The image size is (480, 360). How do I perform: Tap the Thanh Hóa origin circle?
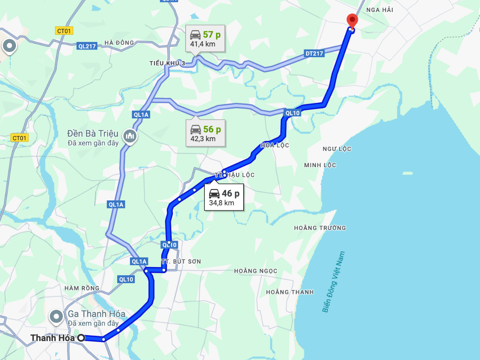(81, 338)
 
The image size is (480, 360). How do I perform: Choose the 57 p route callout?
(205, 38)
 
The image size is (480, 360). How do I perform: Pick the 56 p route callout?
(206, 133)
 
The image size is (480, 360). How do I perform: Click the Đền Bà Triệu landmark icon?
(130, 136)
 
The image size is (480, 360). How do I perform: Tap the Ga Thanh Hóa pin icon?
(56, 317)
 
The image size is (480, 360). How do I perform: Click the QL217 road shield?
(87, 46)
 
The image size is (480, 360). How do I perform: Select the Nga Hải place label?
(379, 10)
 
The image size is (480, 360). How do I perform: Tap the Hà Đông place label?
(119, 43)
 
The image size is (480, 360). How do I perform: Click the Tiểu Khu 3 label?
(168, 63)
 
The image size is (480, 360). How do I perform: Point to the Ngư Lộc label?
(337, 149)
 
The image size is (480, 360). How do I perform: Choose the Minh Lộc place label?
(320, 165)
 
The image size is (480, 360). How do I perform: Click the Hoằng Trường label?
(320, 228)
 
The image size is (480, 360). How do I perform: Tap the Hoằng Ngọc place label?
(256, 271)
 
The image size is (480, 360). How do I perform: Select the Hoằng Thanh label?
(290, 292)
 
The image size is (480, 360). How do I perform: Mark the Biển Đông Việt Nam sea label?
(333, 282)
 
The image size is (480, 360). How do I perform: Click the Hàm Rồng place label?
(82, 288)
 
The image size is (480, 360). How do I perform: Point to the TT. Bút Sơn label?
(181, 261)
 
